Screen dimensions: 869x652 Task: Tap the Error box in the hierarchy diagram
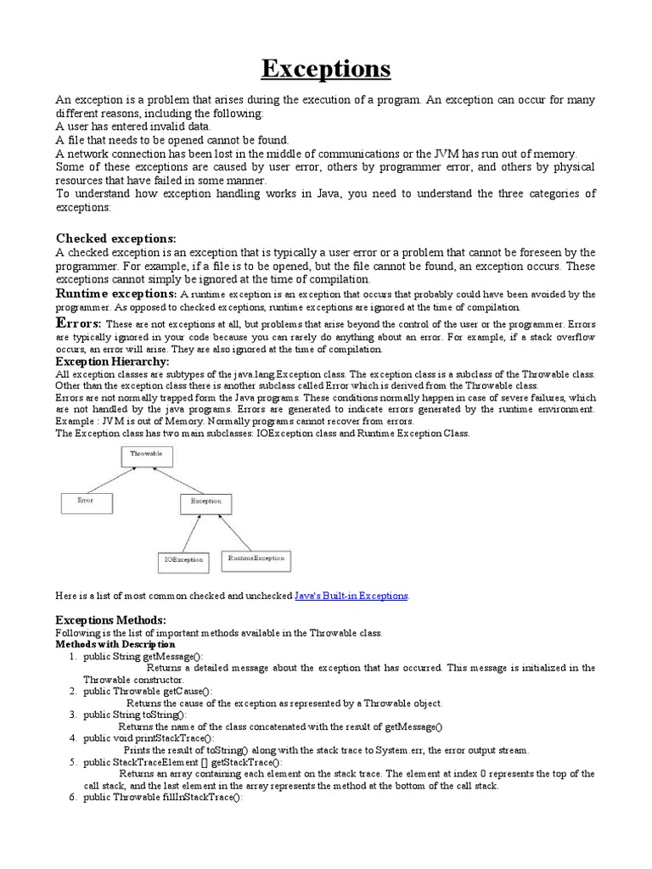coord(87,502)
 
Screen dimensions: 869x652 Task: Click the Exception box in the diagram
coord(205,502)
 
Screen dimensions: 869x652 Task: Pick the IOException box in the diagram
coord(183,560)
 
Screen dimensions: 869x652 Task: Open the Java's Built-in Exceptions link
coord(351,597)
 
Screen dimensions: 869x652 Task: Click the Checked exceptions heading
coord(115,238)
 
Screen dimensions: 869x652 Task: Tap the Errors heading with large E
coord(79,323)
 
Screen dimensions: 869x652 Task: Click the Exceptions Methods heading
coord(110,620)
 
